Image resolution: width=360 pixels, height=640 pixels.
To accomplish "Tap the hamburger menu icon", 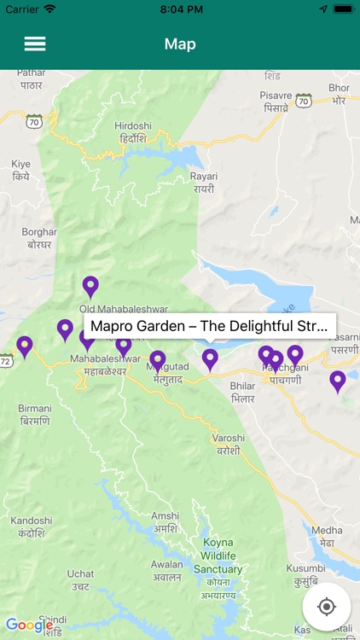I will pyautogui.click(x=35, y=44).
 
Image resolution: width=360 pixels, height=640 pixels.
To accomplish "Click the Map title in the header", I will pyautogui.click(x=180, y=44).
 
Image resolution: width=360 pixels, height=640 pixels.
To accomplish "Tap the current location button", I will pyautogui.click(x=326, y=607).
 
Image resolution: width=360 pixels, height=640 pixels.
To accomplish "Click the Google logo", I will pyautogui.click(x=30, y=625).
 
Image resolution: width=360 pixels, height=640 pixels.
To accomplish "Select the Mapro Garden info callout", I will pyautogui.click(x=209, y=326).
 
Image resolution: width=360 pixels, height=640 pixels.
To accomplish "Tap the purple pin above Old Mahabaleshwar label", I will pyautogui.click(x=90, y=287).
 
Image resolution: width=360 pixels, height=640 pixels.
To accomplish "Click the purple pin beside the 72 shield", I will pyautogui.click(x=25, y=346).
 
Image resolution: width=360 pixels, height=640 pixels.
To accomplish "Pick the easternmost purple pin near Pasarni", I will pyautogui.click(x=338, y=381).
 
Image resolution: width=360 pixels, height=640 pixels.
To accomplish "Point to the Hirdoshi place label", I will pyautogui.click(x=132, y=132).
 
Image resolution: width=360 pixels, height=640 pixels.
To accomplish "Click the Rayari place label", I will pyautogui.click(x=203, y=183).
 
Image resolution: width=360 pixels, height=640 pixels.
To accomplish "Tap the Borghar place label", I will pyautogui.click(x=39, y=238).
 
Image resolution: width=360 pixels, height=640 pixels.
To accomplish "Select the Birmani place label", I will pyautogui.click(x=34, y=415).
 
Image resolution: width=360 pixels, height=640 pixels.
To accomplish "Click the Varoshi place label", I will pyautogui.click(x=229, y=444).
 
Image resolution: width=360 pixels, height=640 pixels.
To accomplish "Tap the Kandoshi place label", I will pyautogui.click(x=32, y=527).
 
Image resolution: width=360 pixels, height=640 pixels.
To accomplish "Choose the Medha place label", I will pyautogui.click(x=327, y=535).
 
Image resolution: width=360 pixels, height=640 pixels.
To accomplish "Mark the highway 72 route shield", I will pyautogui.click(x=6, y=362).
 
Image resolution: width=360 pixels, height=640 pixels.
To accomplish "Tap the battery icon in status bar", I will pyautogui.click(x=343, y=9).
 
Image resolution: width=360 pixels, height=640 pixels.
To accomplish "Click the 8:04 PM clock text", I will pyautogui.click(x=180, y=9).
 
